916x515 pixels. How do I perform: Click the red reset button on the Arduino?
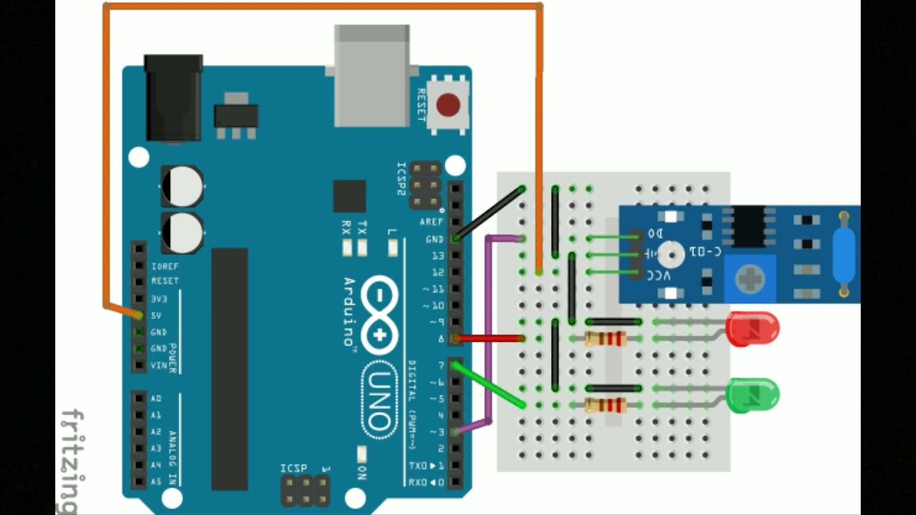coord(448,105)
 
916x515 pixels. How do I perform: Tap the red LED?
coord(753,329)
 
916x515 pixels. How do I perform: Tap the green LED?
coord(753,395)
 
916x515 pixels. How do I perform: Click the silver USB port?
coord(372,72)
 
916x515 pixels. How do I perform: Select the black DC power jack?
coord(173,98)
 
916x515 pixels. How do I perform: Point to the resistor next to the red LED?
coord(605,338)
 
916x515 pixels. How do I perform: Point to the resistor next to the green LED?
coord(605,406)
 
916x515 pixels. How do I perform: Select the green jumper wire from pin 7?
coord(489,387)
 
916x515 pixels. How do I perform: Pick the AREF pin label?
coord(432,222)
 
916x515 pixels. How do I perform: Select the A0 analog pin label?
coord(156,398)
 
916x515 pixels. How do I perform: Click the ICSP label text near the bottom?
coord(294,469)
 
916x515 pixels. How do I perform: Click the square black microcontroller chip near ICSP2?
coord(349,196)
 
